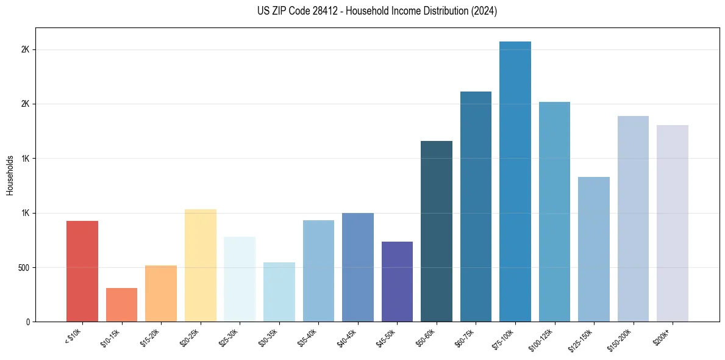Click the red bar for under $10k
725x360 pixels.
tap(82, 272)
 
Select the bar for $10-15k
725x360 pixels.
tap(121, 305)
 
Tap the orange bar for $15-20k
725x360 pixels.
tap(161, 293)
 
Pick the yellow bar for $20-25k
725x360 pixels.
tap(201, 265)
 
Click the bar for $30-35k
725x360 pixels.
tap(279, 292)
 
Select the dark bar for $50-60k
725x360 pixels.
tap(437, 231)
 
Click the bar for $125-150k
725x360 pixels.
tap(594, 250)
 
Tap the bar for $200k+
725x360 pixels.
tap(673, 223)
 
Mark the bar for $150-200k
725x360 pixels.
tap(633, 219)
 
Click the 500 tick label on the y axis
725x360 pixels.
tap(23, 267)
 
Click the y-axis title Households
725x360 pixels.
tap(10, 175)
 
